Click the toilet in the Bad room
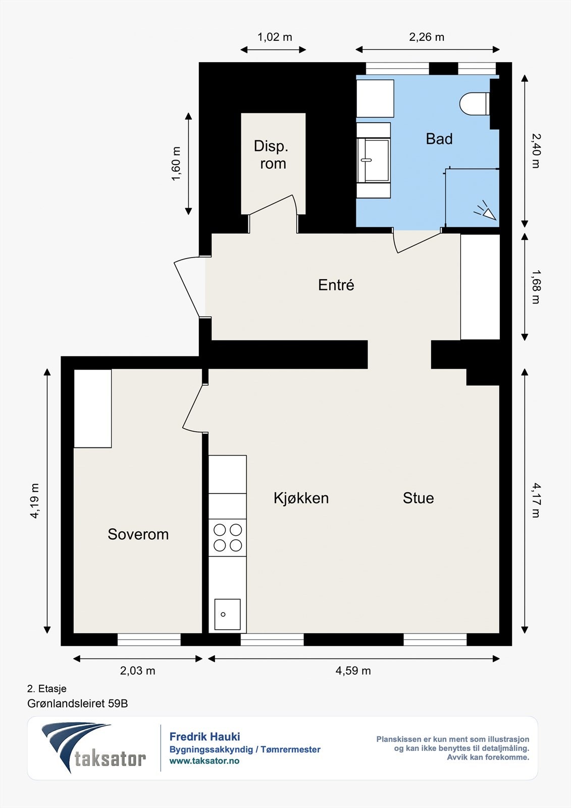coord(475,104)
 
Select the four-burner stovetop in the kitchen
coord(227,537)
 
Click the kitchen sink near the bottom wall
coord(227,614)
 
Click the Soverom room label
coord(138,534)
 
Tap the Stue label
coord(418,498)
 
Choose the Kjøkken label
coord(301,498)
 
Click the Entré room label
coord(336,285)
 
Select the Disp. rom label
coord(271,155)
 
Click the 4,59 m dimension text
coord(353,671)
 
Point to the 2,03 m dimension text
coord(137,671)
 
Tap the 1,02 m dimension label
coord(275,37)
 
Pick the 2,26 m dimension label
coord(427,37)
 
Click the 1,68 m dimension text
coord(536,287)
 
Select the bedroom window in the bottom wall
coord(149,639)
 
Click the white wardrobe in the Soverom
coord(93,409)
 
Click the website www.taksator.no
coord(204,761)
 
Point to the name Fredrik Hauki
coord(204,737)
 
